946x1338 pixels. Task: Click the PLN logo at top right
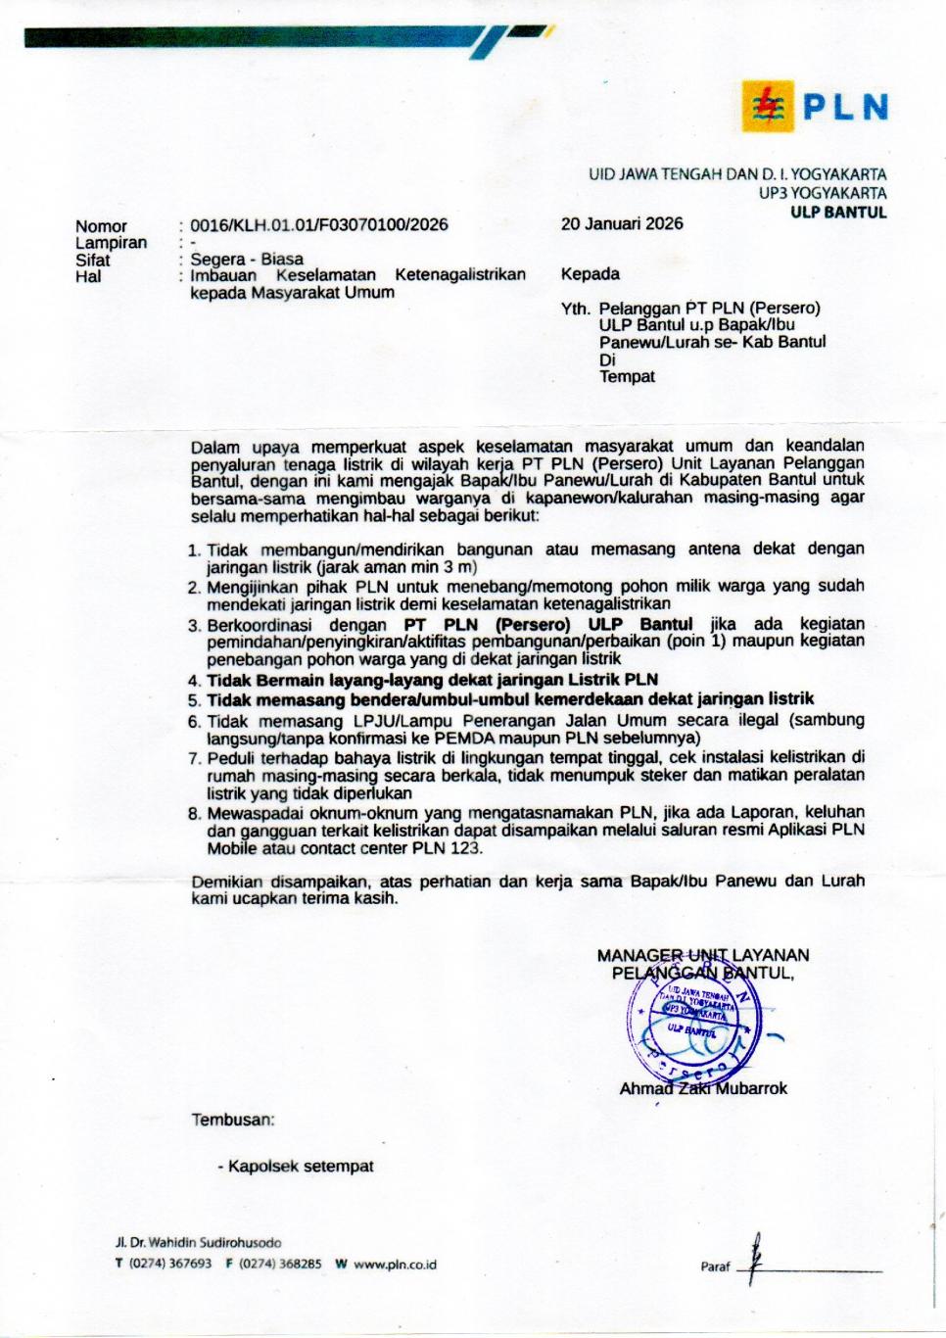(x=815, y=107)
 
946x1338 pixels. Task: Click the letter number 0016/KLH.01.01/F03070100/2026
(x=318, y=224)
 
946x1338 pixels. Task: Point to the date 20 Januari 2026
(x=622, y=223)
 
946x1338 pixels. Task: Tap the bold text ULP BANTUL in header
(x=838, y=212)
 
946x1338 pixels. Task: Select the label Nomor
(x=101, y=226)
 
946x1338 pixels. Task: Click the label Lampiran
(x=111, y=243)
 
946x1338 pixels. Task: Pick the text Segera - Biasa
(x=247, y=260)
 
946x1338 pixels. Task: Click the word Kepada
(x=590, y=274)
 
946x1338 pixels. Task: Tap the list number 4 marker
(x=194, y=681)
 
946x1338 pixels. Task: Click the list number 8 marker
(x=194, y=813)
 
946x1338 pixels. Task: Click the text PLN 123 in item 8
(x=446, y=848)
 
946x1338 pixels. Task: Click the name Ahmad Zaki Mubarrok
(x=703, y=1088)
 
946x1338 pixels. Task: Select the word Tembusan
(x=233, y=1120)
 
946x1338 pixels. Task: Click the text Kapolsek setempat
(x=301, y=1167)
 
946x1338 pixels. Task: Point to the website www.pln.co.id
(x=395, y=1265)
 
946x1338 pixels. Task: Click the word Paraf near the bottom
(x=715, y=1266)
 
